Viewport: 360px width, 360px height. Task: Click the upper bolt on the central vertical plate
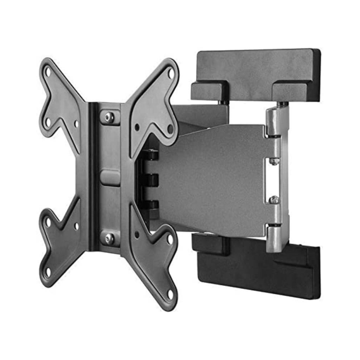pos(109,117)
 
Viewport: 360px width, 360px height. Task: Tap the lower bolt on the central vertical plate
pos(109,238)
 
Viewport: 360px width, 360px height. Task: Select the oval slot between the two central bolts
pos(110,177)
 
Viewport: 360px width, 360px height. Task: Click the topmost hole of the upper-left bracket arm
pos(48,71)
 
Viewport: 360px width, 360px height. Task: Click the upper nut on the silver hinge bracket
pos(274,161)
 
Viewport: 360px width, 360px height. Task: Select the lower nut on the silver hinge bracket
pos(274,200)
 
